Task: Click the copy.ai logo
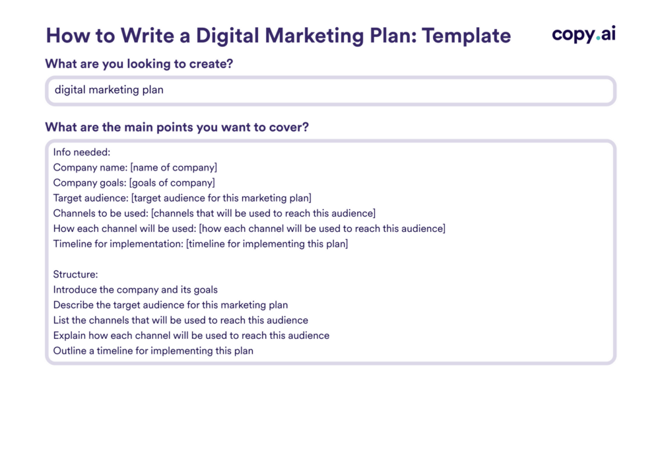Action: coord(584,34)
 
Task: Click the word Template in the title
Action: coord(467,36)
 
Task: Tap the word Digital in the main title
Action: coord(227,36)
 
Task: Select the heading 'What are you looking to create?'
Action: coord(139,63)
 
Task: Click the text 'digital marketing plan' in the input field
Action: coord(109,90)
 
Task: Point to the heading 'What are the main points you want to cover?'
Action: coord(177,128)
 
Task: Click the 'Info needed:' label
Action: coord(82,152)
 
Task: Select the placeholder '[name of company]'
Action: coord(174,168)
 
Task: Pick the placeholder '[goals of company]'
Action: coord(172,183)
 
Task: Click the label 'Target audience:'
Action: coord(90,198)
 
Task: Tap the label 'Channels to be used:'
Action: coord(100,213)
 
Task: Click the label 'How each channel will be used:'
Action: coord(125,229)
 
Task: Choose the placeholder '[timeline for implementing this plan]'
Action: coord(267,244)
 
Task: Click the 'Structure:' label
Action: coord(75,274)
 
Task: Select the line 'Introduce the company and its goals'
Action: coord(135,290)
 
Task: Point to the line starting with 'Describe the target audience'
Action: coord(170,305)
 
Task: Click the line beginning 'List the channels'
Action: coord(181,320)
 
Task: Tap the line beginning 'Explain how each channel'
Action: coord(191,336)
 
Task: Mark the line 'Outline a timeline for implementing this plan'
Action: coord(153,351)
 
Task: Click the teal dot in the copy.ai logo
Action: coord(598,39)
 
